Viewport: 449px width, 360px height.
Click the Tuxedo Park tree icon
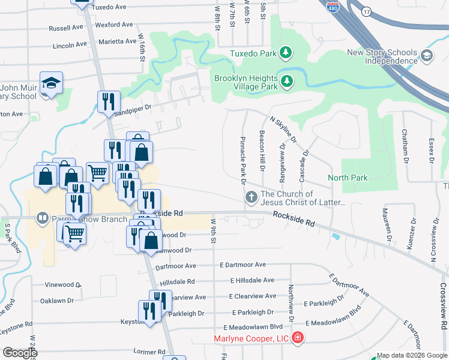pos(286,53)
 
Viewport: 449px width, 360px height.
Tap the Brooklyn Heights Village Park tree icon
pos(287,80)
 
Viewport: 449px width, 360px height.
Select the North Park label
pos(348,178)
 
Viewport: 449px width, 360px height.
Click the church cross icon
pos(251,196)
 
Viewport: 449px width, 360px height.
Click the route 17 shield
pos(366,11)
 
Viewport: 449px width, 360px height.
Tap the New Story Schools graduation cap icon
pos(427,56)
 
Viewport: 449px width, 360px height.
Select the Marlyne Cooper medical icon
pos(298,339)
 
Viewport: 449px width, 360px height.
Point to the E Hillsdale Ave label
pos(252,280)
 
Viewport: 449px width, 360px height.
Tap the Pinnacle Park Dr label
pos(244,157)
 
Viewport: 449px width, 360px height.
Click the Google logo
pos(19,352)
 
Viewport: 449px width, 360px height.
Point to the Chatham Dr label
pos(405,147)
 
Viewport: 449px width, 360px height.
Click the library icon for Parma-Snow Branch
pos(42,217)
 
